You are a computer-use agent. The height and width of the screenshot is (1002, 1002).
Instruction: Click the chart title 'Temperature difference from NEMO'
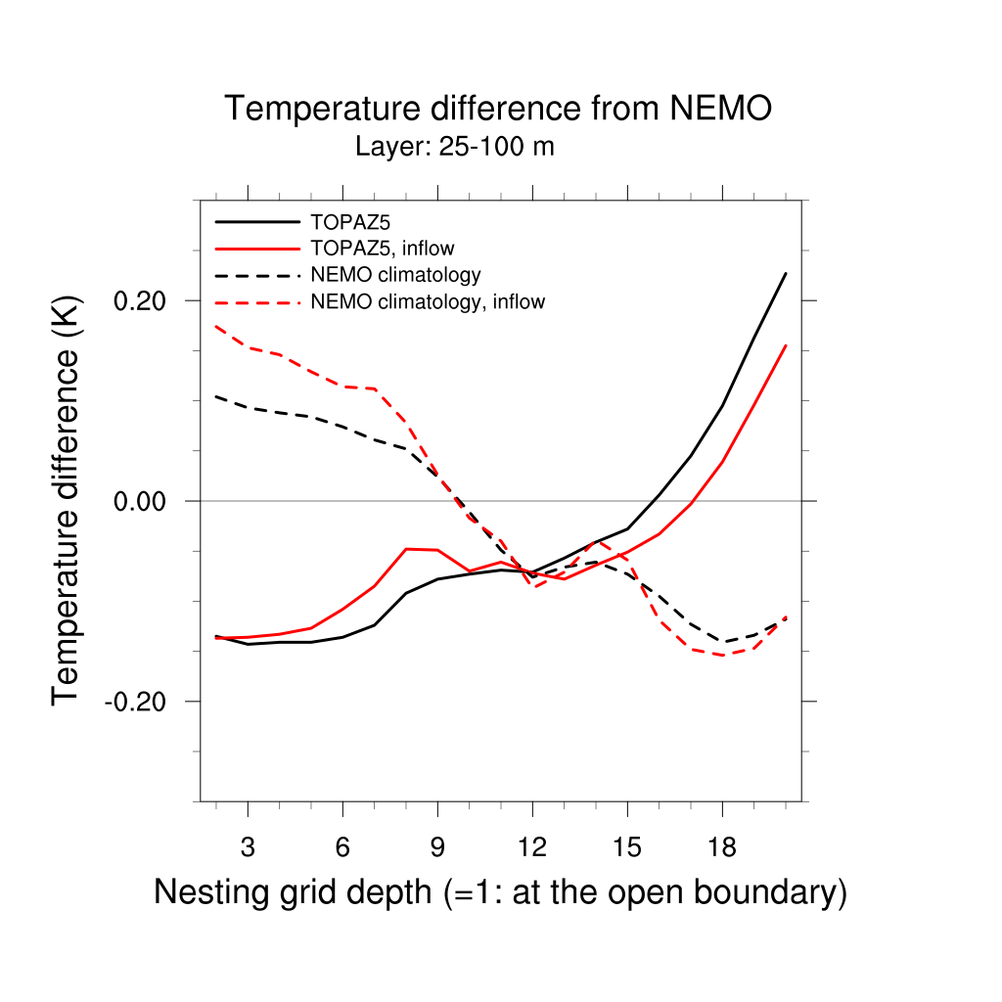498,109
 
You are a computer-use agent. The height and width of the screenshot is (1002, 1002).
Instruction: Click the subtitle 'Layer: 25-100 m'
455,148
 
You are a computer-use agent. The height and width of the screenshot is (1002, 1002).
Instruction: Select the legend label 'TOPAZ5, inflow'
383,249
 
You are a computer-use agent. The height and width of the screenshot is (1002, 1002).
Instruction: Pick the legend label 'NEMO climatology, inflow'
428,302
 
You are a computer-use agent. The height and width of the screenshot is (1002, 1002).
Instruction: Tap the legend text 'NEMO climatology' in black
395,275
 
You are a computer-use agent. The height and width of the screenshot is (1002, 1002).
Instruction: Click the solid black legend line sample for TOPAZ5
256,222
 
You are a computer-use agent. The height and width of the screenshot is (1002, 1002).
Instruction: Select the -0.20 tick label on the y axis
141,702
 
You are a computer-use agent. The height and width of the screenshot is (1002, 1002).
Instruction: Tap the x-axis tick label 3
248,847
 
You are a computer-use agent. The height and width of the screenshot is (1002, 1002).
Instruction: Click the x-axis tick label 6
342,847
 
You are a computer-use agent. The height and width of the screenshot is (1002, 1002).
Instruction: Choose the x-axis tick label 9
437,847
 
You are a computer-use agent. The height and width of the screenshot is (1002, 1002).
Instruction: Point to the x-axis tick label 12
532,847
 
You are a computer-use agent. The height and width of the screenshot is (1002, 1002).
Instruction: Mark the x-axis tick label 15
627,847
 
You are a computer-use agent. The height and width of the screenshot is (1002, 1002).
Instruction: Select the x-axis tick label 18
722,847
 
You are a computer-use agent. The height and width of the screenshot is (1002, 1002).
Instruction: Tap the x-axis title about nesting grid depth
500,892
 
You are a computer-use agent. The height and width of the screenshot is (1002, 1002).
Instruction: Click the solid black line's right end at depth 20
786,274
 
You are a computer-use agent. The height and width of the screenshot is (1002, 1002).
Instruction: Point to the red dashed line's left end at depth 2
216,327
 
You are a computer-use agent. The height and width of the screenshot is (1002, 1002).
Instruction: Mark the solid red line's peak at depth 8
406,549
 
